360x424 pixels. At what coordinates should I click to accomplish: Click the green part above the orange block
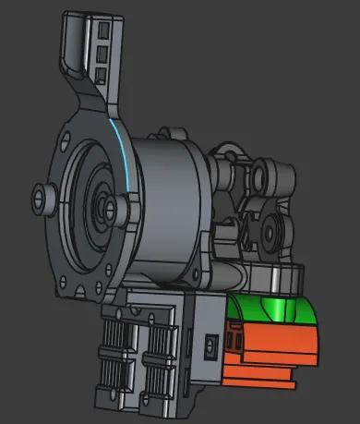[277, 309]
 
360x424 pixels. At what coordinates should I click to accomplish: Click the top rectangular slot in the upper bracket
[102, 32]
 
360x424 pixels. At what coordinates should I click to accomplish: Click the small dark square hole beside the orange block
[211, 345]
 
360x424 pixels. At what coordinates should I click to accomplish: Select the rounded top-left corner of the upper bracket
[70, 17]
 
